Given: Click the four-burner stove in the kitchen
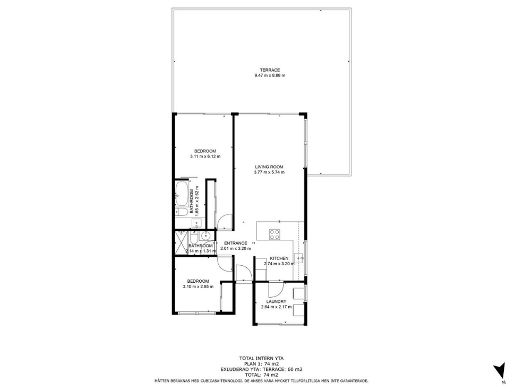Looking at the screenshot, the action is [275, 234].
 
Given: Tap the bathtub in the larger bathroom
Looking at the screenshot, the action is [182, 194].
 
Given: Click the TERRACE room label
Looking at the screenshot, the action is [270, 70].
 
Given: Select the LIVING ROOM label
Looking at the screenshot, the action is [269, 167].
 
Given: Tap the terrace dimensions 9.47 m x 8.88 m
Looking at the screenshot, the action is [270, 75].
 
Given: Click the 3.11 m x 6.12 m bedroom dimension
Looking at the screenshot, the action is [205, 157].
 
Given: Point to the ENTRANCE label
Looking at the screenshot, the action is [236, 243].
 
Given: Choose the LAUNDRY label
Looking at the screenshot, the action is [276, 302].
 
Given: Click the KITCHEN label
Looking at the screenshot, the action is [279, 258].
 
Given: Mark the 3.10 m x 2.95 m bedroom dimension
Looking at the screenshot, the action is [198, 286].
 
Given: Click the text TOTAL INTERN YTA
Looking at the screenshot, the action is [261, 359].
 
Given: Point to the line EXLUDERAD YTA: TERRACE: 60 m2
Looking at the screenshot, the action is [261, 369].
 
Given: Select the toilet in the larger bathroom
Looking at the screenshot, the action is [182, 212].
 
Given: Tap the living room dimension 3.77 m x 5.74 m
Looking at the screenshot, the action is [269, 172].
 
